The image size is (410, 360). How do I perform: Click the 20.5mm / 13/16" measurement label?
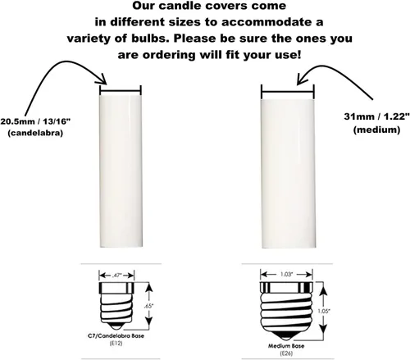tap(35, 121)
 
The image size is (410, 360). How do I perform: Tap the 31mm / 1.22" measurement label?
tap(376, 116)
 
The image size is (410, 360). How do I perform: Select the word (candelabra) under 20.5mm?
tap(35, 133)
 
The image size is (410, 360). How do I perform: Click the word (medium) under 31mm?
tap(376, 130)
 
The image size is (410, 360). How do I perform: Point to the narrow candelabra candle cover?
tap(121, 171)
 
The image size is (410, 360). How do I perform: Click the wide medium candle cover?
tap(288, 174)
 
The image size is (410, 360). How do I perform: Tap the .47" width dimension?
tap(116, 276)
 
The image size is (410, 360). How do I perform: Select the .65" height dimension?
tap(148, 306)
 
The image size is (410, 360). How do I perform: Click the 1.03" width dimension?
tap(286, 274)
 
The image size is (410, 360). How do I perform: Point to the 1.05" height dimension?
tap(324, 311)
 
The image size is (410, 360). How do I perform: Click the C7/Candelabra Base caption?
tap(116, 335)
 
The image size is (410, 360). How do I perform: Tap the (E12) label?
tap(116, 344)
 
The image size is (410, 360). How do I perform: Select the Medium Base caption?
tap(286, 346)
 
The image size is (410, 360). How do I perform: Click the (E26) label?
tap(286, 353)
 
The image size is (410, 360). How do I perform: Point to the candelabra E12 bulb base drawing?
tap(116, 306)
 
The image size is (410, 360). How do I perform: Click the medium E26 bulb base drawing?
tap(286, 312)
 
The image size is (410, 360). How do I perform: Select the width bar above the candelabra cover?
tap(121, 89)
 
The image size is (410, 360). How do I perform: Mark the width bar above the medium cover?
tap(288, 92)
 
